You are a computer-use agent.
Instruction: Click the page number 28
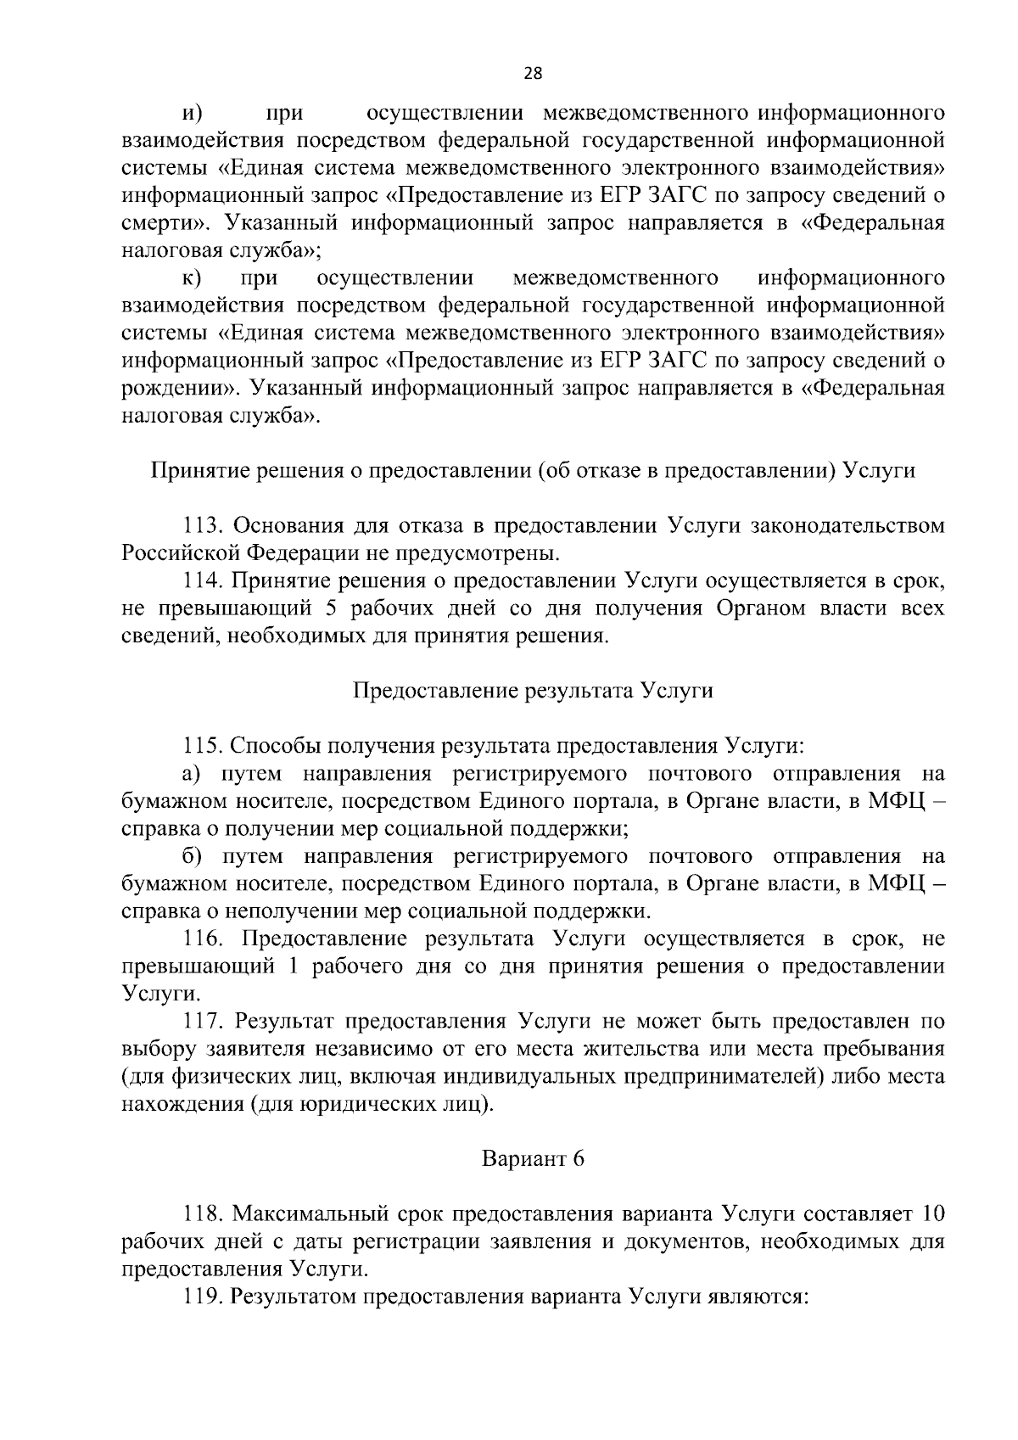click(533, 73)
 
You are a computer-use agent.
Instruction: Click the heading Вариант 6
click(533, 1158)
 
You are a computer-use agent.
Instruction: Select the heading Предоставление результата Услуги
click(533, 691)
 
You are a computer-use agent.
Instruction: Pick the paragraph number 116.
click(204, 939)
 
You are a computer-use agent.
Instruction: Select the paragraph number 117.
click(204, 1022)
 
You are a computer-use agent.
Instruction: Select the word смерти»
click(161, 223)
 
